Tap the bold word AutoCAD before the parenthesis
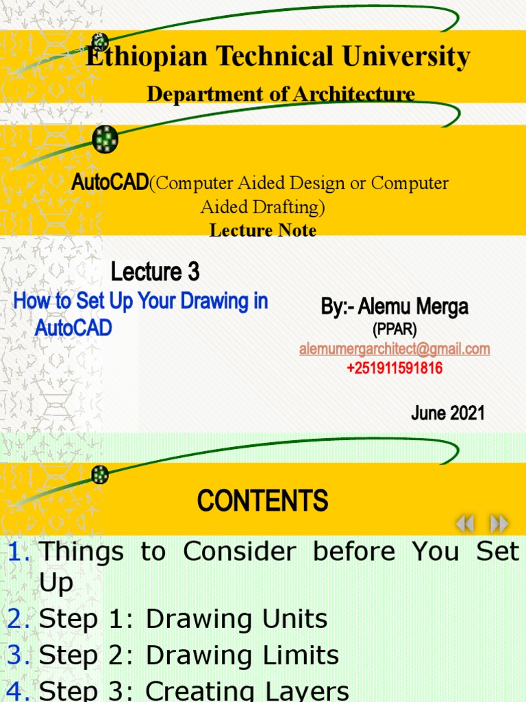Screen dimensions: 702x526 110,183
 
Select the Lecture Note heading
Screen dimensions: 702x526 263,230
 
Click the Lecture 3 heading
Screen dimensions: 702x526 155,272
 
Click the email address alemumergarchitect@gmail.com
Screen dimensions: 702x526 394,349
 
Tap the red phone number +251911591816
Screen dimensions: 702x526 394,368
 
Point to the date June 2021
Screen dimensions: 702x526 448,413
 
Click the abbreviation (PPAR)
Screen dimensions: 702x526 394,330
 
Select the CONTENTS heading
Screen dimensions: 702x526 263,501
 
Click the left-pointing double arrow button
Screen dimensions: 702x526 465,524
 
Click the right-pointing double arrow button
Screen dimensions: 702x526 499,524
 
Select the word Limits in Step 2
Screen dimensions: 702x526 302,656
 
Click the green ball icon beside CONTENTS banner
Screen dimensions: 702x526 101,474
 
